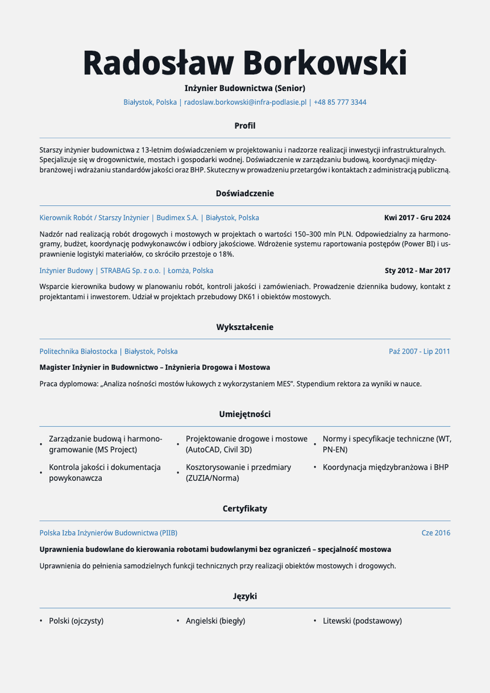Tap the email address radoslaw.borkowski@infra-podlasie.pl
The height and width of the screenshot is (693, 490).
(x=245, y=102)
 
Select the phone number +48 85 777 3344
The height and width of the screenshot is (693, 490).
(x=340, y=102)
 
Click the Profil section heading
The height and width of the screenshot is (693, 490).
(x=245, y=126)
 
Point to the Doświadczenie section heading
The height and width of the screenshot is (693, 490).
(x=245, y=194)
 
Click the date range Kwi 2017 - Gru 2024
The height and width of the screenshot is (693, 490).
(x=417, y=218)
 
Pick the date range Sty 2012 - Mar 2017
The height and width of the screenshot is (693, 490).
(x=417, y=271)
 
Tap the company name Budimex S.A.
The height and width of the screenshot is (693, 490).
(x=180, y=218)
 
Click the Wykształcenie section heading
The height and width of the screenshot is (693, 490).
(x=245, y=328)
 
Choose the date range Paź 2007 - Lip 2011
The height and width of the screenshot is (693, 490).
(x=419, y=351)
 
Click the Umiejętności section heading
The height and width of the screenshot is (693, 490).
(x=245, y=415)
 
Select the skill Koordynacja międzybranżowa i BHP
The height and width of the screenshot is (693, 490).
(x=385, y=467)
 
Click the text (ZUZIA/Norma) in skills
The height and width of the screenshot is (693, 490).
(x=212, y=479)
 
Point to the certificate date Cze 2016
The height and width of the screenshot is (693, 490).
(x=436, y=533)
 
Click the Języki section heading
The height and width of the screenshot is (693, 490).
(x=245, y=596)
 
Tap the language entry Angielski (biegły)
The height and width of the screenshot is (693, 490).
(x=215, y=621)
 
